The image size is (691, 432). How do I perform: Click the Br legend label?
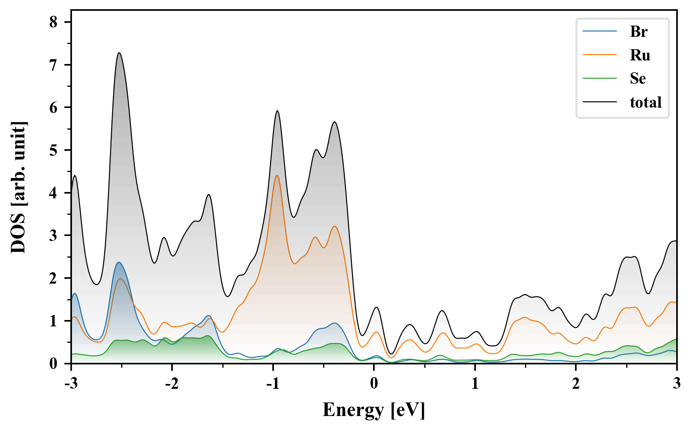click(x=639, y=32)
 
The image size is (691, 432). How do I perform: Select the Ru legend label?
click(x=640, y=55)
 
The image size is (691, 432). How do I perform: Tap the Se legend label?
click(x=638, y=78)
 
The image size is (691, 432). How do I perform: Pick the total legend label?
click(x=646, y=102)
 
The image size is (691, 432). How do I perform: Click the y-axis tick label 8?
click(x=54, y=22)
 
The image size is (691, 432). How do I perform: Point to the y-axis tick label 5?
click(x=54, y=150)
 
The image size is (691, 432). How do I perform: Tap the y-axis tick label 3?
click(x=54, y=236)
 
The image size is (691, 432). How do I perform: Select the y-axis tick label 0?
click(x=54, y=364)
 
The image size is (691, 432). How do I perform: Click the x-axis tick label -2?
click(x=172, y=384)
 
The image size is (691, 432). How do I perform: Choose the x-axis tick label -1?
click(x=272, y=384)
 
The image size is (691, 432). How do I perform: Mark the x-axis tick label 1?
click(x=475, y=384)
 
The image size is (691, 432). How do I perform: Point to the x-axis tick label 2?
click(x=575, y=384)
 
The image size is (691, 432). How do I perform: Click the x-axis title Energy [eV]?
click(x=374, y=410)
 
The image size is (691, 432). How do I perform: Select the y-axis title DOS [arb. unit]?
click(x=18, y=187)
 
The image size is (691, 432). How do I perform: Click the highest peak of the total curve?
click(x=119, y=53)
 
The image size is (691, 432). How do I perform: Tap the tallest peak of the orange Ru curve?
click(x=277, y=175)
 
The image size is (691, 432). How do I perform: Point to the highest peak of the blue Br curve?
click(x=118, y=262)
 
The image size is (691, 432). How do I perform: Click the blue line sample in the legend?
click(x=600, y=32)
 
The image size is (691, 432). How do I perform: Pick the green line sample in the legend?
click(x=600, y=78)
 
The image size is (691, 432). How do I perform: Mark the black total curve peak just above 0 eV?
click(x=376, y=307)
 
